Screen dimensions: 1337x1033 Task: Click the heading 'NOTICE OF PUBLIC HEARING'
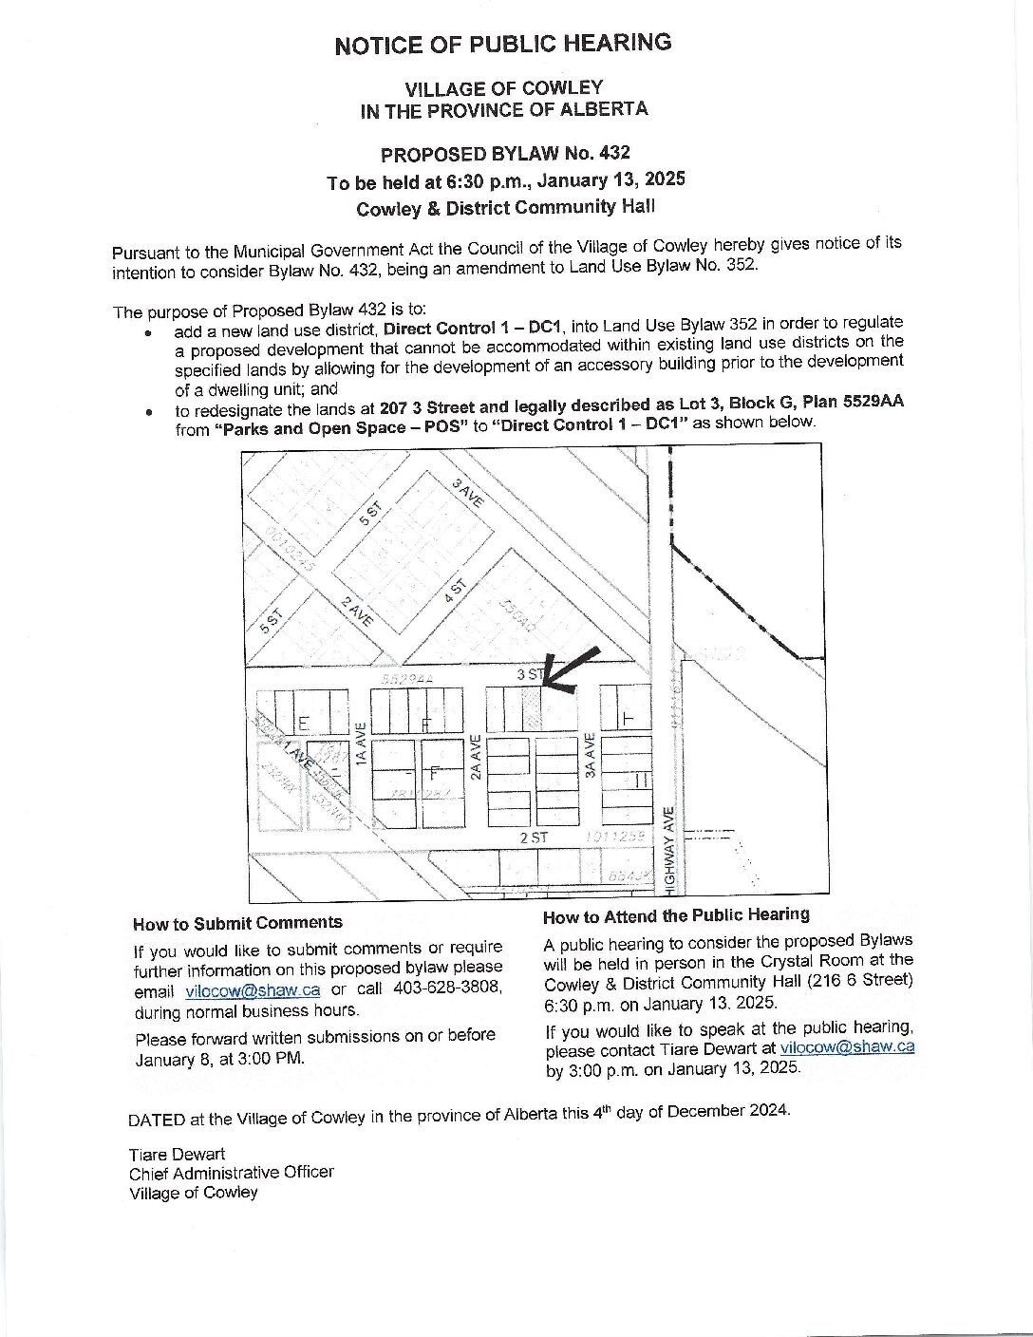click(x=502, y=44)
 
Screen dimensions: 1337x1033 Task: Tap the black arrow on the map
click(x=572, y=667)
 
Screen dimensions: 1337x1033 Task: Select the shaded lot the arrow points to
click(x=538, y=708)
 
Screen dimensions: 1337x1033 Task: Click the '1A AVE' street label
click(x=360, y=744)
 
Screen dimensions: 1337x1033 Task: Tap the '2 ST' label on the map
click(x=534, y=838)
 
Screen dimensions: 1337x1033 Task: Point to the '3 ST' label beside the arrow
click(x=529, y=674)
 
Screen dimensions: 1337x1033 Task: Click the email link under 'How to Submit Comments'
click(x=253, y=989)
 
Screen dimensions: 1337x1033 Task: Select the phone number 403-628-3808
click(x=448, y=988)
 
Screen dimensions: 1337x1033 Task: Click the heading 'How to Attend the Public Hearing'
click(x=676, y=915)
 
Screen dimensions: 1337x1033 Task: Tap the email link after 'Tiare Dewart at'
click(x=847, y=1047)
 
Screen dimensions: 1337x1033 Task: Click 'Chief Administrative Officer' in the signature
click(x=232, y=1173)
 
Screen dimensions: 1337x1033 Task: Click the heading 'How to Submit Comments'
click(x=237, y=923)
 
